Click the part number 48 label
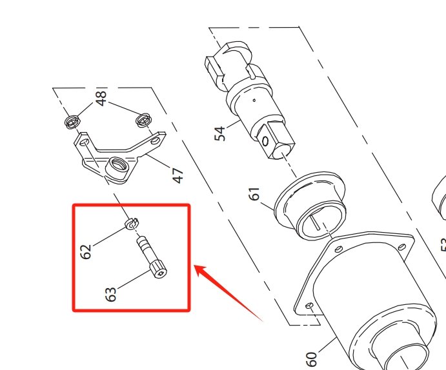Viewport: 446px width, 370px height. (101, 98)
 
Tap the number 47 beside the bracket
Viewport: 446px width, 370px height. (177, 174)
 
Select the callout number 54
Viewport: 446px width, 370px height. (221, 133)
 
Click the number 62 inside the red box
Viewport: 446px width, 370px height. (86, 249)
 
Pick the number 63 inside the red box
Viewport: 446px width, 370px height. (110, 295)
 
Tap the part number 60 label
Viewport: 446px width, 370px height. (310, 358)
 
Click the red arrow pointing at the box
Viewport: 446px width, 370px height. (226, 290)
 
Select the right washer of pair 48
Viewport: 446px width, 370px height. (143, 119)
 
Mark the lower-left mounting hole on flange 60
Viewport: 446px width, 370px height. (309, 306)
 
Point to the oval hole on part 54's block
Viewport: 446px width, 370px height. (265, 140)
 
